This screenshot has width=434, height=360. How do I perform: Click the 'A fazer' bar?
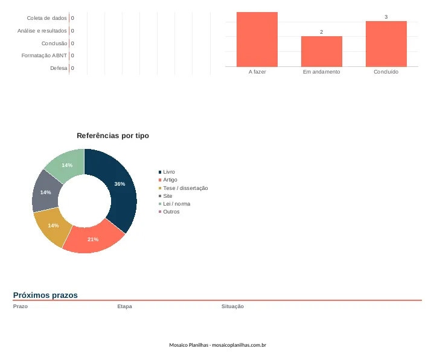257,39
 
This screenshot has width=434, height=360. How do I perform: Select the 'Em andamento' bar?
322,51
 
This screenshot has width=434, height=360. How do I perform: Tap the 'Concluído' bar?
386,44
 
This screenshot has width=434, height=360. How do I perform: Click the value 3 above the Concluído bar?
386,17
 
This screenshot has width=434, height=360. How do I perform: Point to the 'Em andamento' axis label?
321,72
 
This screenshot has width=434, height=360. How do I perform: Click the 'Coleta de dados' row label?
46,18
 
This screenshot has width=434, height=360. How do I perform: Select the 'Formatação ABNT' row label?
44,55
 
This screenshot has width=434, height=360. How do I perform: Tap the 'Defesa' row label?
59,68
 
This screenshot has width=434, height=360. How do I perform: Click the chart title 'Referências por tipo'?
113,136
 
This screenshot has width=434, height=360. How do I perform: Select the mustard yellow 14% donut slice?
53,226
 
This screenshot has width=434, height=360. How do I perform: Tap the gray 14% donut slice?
45,192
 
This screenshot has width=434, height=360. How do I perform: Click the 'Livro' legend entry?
167,172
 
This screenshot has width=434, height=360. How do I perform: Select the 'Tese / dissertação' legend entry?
183,188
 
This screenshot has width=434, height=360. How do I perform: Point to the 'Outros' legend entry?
169,212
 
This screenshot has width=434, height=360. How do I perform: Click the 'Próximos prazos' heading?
45,295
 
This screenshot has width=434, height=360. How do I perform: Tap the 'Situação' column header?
232,306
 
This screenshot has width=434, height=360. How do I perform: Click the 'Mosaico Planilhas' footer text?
188,345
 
